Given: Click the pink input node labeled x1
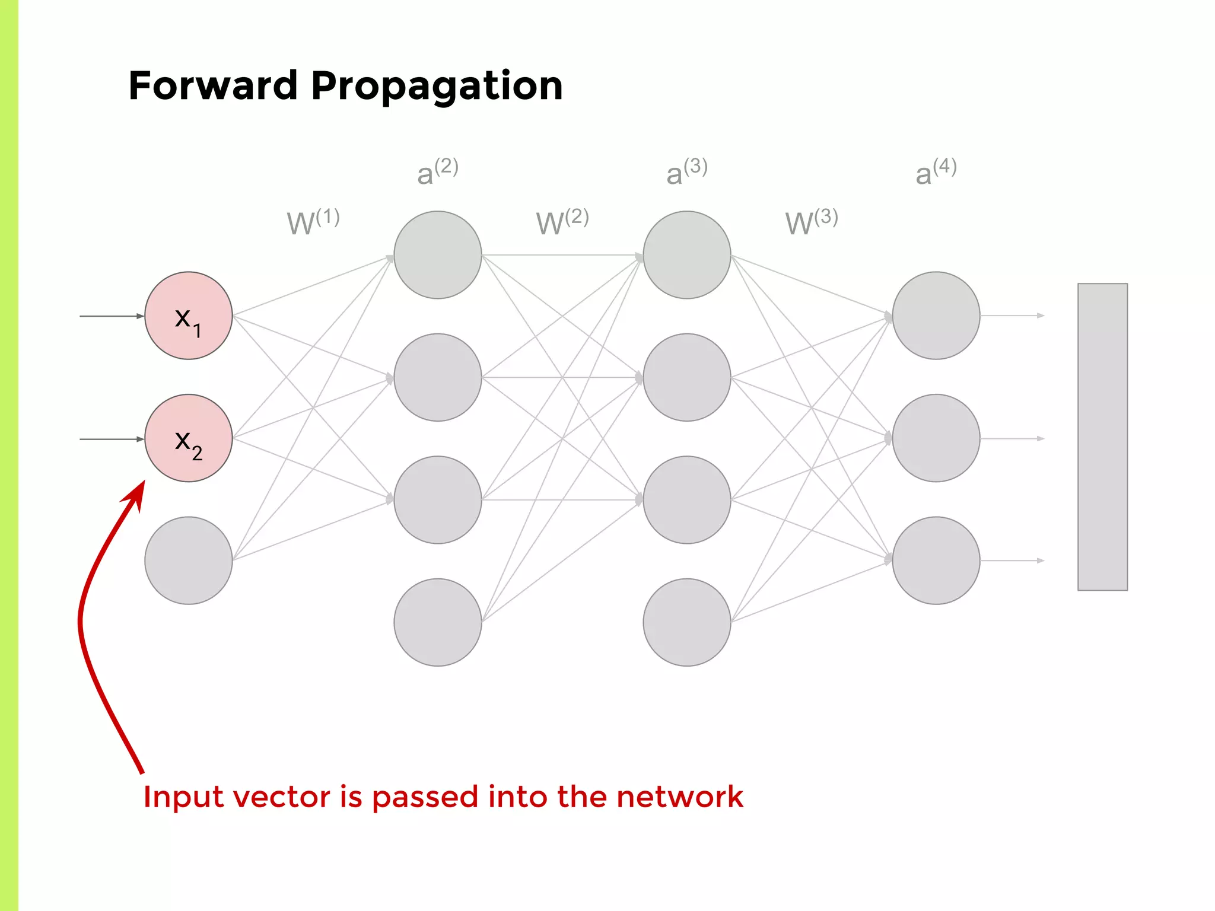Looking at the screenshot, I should pos(189,316).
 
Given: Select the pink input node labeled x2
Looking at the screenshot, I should pos(189,438).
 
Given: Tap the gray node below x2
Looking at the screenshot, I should pos(189,560).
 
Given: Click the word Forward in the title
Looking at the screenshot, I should pos(212,86).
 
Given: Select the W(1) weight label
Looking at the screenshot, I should pos(313,222).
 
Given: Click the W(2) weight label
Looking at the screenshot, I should pos(562,222).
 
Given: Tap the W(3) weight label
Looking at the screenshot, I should pos(811,222).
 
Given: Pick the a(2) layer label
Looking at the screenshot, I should pos(437,172).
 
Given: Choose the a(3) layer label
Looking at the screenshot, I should pos(686,172).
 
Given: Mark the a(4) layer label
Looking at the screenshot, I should pos(936,172).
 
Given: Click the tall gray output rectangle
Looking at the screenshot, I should pos(1102,437).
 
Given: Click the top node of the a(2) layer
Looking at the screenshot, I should pos(438,255).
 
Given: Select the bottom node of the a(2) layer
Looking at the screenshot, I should pos(438,622).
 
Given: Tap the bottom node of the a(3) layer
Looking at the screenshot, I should pos(687,622).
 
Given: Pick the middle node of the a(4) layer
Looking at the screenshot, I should pos(936,438).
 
